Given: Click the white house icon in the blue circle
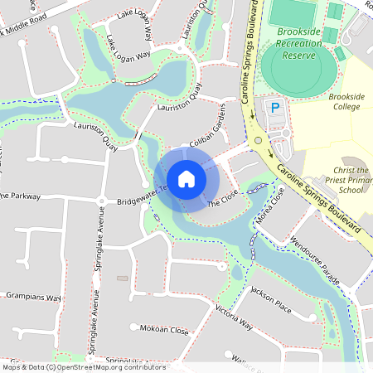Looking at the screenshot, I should click(x=186, y=178).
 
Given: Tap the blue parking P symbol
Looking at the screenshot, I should click(x=274, y=108).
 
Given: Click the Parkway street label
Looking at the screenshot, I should click(x=21, y=196).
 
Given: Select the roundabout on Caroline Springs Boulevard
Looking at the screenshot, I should click(x=259, y=141).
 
